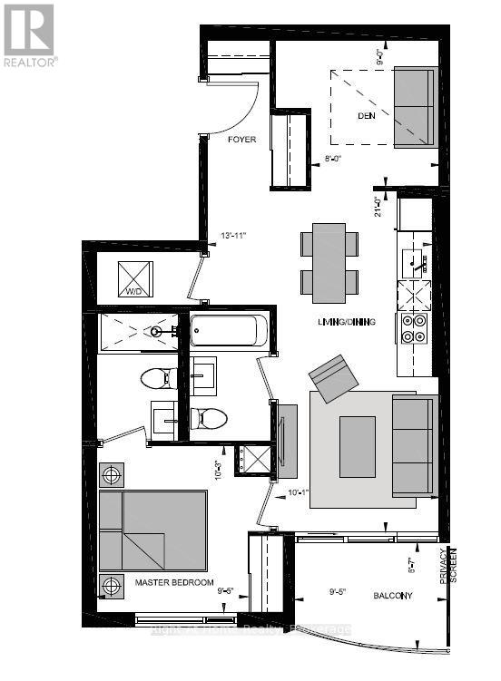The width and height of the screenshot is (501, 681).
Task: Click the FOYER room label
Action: coord(241,140)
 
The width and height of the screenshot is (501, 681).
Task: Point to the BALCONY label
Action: coord(392,596)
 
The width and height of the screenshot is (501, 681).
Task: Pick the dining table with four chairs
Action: coord(329,263)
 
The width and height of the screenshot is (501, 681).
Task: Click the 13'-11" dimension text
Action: coord(234,237)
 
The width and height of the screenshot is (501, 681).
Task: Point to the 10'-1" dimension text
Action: coord(299,493)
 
